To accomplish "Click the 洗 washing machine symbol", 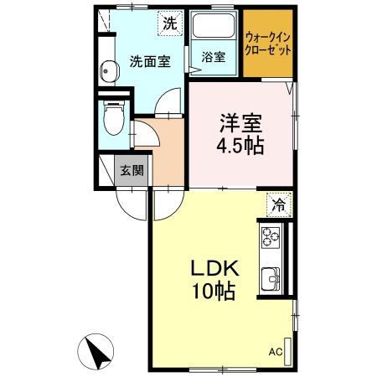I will pos(170,24).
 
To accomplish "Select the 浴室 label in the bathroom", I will pos(214,58).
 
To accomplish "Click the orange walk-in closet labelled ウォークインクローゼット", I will pos(269,44).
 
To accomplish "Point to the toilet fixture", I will pos(111,118).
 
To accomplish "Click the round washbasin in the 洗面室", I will pos(106,70).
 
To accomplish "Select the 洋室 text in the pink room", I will pos(241,123).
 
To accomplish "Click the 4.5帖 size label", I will pos(241,146).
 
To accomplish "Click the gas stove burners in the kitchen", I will pos(271,237).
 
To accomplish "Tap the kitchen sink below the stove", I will pos(271,276).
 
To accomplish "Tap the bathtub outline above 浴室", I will pos(214,28).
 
